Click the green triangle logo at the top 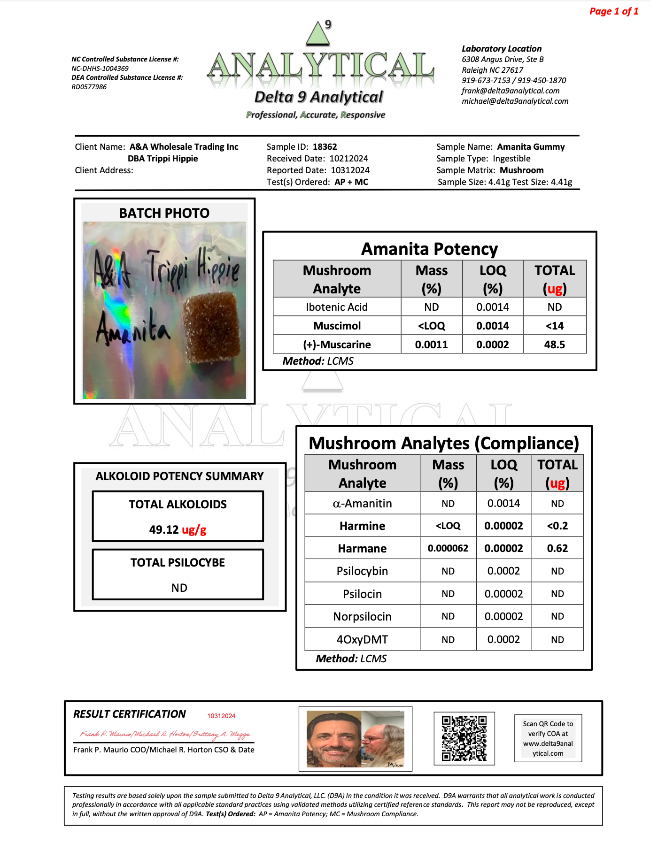point(318,34)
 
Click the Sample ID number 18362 point(325,147)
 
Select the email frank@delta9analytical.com point(511,91)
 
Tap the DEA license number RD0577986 point(89,87)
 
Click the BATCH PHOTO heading point(164,213)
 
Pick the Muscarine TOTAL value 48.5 point(554,345)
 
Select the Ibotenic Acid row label point(337,307)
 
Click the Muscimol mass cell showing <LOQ point(431,326)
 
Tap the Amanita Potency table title point(429,249)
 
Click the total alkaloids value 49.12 point(164,530)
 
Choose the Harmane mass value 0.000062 point(448,548)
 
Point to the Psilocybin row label point(362,571)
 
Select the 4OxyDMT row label point(362,639)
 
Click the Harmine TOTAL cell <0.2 point(557,526)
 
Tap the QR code point(464,738)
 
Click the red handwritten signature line point(165,734)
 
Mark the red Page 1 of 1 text point(613,11)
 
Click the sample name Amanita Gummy point(531,147)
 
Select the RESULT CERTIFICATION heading point(130,714)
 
